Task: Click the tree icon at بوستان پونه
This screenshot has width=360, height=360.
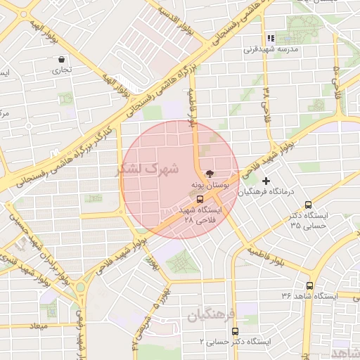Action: pyautogui.click(x=208, y=173)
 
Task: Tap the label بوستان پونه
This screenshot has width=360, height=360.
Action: pyautogui.click(x=208, y=184)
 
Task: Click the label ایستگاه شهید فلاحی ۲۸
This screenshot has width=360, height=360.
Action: pyautogui.click(x=199, y=214)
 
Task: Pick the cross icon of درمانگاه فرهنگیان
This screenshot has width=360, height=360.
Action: pyautogui.click(x=266, y=181)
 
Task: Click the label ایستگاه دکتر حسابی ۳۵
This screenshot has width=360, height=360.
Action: pyautogui.click(x=309, y=221)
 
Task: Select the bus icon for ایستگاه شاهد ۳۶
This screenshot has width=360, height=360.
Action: pyautogui.click(x=310, y=285)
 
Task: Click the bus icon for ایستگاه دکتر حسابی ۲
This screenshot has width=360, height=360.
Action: pyautogui.click(x=235, y=330)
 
